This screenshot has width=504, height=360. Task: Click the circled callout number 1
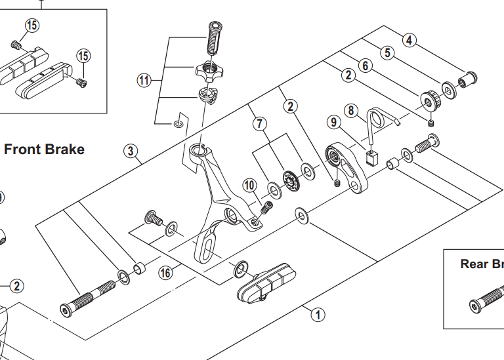pyautogui.click(x=318, y=314)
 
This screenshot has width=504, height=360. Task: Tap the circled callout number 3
pyautogui.click(x=132, y=152)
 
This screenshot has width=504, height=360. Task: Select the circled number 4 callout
pyautogui.click(x=409, y=40)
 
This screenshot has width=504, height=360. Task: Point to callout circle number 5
pyautogui.click(x=388, y=52)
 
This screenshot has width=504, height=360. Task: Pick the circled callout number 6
pyautogui.click(x=366, y=64)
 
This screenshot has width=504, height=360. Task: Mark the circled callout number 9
pyautogui.click(x=334, y=122)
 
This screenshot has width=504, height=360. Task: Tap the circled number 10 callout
pyautogui.click(x=249, y=186)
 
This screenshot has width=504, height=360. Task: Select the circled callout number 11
pyautogui.click(x=144, y=81)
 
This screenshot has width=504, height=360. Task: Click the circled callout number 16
pyautogui.click(x=165, y=271)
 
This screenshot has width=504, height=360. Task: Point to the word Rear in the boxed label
pyautogui.click(x=473, y=264)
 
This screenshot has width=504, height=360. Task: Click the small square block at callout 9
pyautogui.click(x=373, y=157)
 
